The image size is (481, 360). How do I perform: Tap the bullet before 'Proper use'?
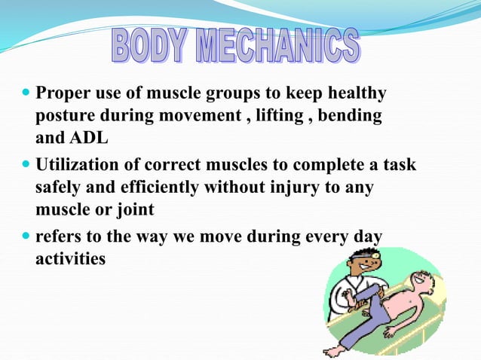[26, 95]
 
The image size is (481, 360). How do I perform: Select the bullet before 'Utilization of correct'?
[26, 164]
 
